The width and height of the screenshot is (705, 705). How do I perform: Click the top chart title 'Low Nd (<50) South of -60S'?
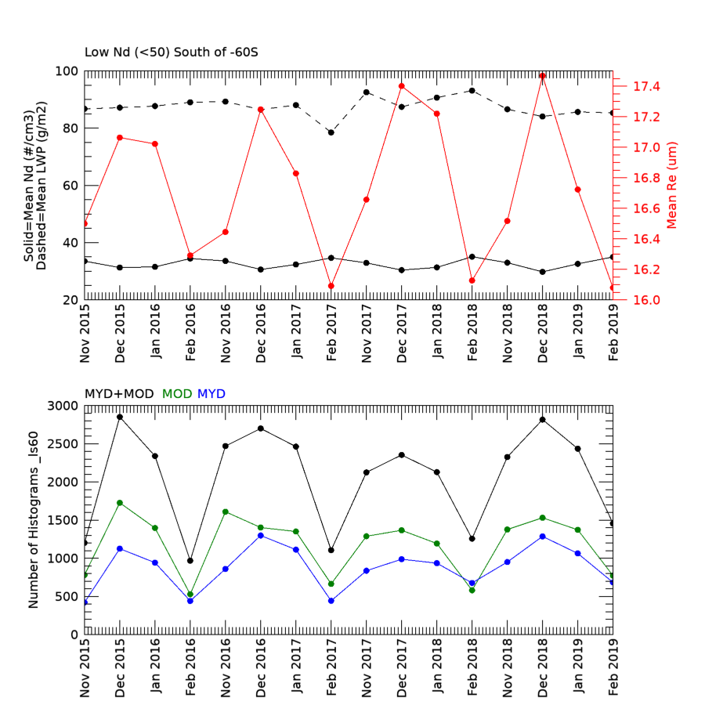[171, 53]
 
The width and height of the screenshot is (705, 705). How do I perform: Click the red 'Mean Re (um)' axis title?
[671, 185]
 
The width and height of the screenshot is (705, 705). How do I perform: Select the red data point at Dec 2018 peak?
[543, 76]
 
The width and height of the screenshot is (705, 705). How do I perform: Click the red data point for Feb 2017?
[331, 286]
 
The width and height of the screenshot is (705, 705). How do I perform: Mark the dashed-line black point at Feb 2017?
[331, 132]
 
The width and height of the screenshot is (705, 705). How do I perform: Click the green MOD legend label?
[176, 393]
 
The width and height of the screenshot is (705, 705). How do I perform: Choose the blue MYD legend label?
[211, 393]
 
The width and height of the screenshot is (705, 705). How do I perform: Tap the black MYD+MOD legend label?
[119, 393]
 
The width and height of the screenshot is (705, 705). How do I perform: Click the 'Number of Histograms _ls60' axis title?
[34, 519]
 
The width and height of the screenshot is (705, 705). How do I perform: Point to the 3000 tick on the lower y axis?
[64, 406]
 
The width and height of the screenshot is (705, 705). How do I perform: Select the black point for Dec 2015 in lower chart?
[120, 417]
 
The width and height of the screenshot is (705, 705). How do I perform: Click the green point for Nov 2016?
[226, 512]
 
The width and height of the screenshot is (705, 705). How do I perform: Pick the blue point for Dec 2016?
[261, 535]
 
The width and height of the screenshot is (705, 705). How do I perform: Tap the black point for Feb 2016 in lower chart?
[190, 561]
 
